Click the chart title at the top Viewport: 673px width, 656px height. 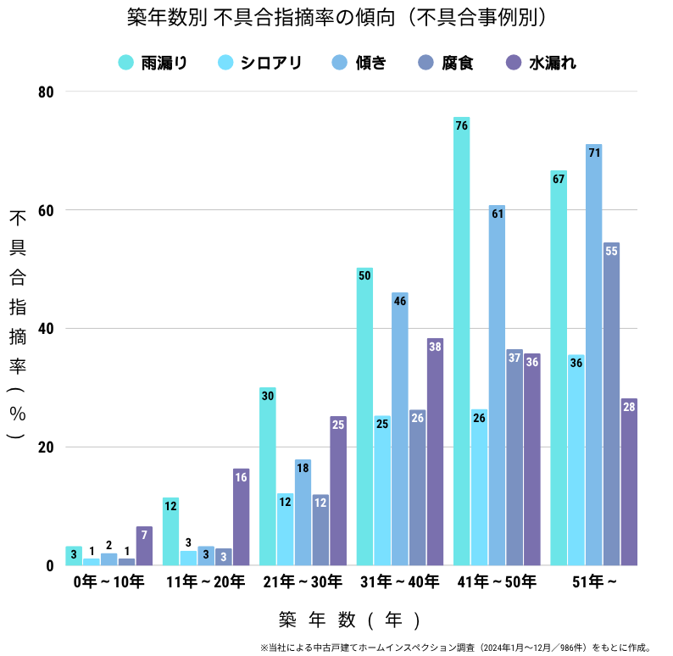coord(336,18)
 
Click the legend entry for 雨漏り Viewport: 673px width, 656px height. coord(153,62)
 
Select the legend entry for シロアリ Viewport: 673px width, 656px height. coord(259,62)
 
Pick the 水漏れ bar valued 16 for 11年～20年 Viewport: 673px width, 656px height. coord(241,517)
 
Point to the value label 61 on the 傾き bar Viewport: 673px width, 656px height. coord(497,214)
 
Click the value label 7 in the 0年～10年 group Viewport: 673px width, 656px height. coord(144,535)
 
